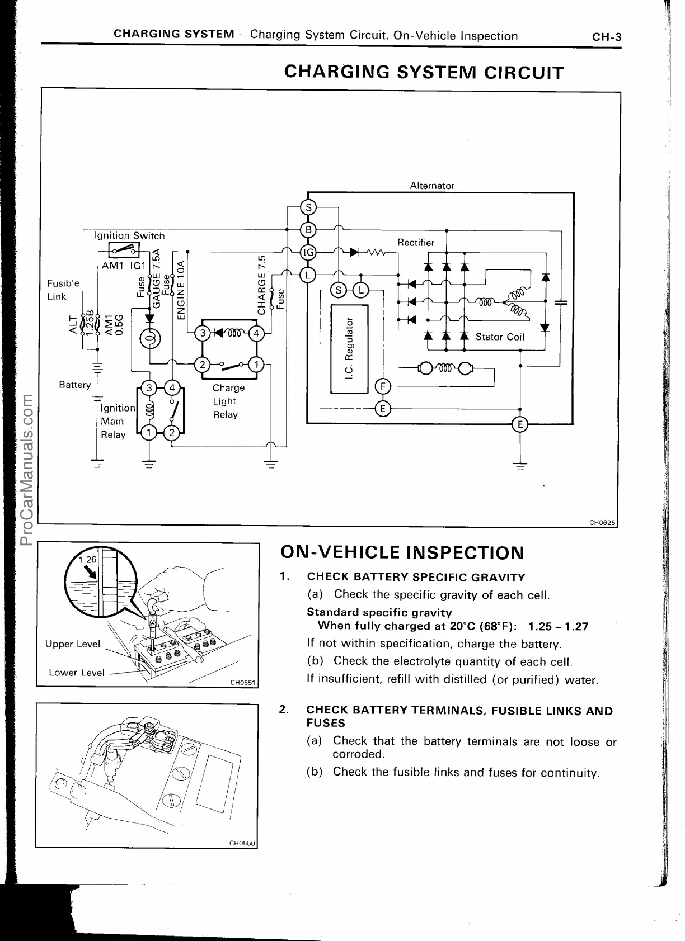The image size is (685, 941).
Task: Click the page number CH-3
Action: point(607,37)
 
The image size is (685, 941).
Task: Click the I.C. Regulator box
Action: point(350,348)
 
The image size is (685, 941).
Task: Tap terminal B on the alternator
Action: point(308,229)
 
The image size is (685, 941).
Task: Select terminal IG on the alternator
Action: point(308,252)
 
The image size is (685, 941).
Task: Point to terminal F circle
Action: point(383,386)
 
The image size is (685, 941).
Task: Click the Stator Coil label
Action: point(499,337)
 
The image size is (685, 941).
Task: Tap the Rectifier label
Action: point(415,242)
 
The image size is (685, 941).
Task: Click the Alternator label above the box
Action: point(432,186)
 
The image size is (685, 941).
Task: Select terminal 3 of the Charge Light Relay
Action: point(203,334)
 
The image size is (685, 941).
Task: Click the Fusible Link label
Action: point(63,290)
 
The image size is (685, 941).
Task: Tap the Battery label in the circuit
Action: point(74,385)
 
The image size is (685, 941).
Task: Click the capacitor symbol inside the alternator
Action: point(560,302)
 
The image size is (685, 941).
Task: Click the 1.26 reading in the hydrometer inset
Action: point(87,559)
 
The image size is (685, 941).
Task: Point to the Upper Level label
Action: point(72,644)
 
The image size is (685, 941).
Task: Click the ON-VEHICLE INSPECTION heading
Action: point(402,553)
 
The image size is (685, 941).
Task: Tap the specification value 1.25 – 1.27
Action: point(558,626)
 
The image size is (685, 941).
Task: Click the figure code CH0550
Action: point(242,844)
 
